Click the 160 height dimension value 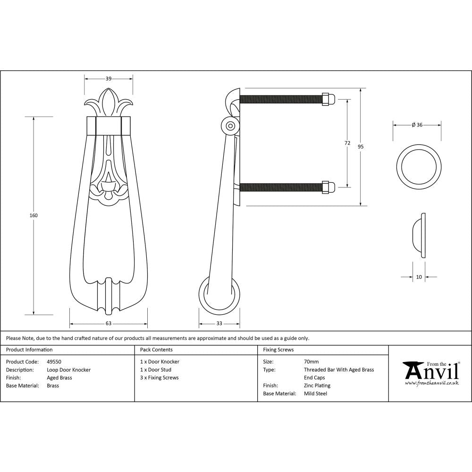tap(34, 215)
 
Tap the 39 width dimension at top tap(109, 78)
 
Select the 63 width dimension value tap(109, 323)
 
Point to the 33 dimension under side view tap(219, 323)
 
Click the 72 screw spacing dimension tap(347, 143)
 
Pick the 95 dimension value tap(361, 147)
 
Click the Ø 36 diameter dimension tap(417, 125)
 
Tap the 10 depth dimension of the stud tap(419, 277)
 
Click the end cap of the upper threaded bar tap(328, 99)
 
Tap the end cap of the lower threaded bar tap(328, 187)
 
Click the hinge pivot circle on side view tap(230, 126)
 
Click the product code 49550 tap(54, 362)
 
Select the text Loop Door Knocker tap(69, 370)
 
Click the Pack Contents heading tap(156, 350)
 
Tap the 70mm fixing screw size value tap(311, 362)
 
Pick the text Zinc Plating tap(317, 386)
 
